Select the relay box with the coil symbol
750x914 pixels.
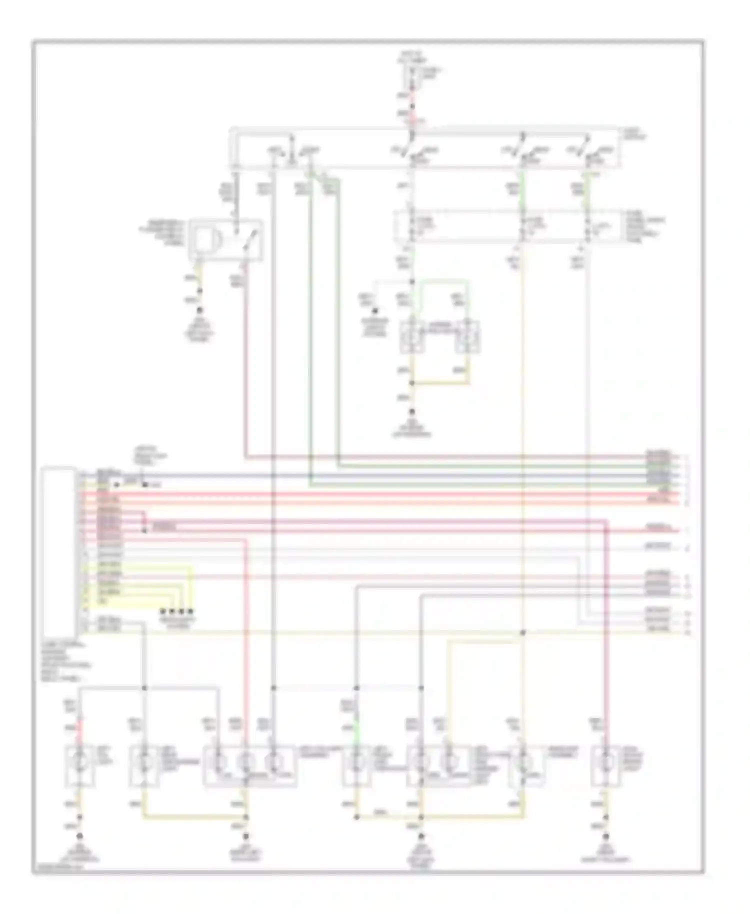[225, 239]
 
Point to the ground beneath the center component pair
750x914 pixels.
[412, 412]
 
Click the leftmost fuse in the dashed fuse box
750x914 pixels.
[413, 226]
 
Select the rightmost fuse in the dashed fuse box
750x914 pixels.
[588, 226]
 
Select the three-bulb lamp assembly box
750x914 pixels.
[249, 765]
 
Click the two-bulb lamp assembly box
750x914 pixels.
[438, 765]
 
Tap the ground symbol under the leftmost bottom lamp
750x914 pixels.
[78, 836]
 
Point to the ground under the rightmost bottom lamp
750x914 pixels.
[606, 836]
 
